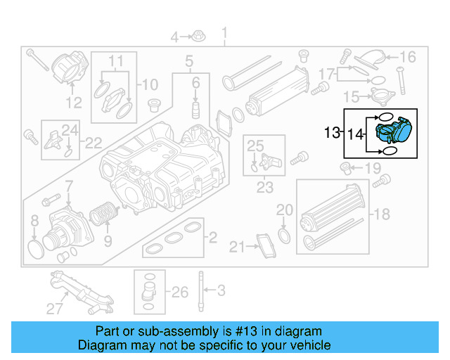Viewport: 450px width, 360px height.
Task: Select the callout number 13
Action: coord(332,132)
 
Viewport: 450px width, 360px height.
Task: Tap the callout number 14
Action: coord(356,133)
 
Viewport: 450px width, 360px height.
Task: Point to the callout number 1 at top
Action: coord(225,33)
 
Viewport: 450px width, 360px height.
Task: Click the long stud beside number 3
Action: coord(201,290)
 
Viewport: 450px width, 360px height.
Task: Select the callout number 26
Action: coord(180,292)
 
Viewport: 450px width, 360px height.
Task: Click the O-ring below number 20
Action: coord(283,233)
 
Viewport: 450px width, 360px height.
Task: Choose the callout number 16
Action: coord(409,57)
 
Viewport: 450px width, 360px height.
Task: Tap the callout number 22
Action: coord(94,143)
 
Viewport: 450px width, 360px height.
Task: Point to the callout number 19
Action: coord(372,168)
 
